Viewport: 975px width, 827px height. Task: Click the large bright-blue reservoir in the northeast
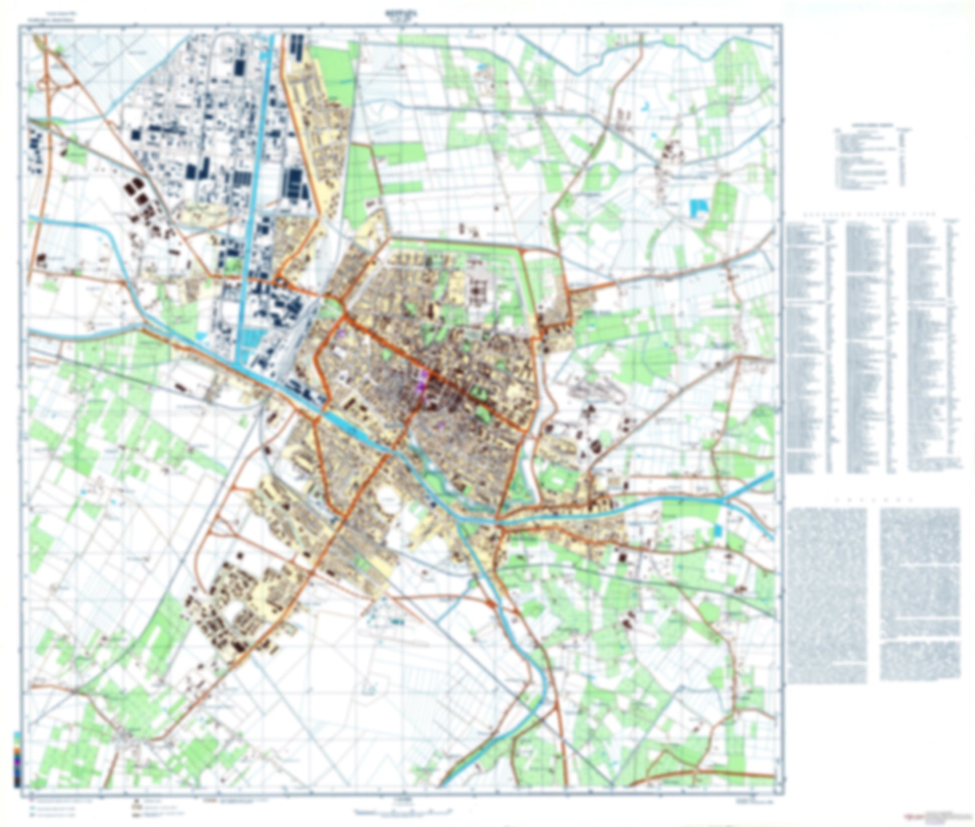click(697, 207)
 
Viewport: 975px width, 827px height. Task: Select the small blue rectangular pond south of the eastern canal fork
click(718, 530)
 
